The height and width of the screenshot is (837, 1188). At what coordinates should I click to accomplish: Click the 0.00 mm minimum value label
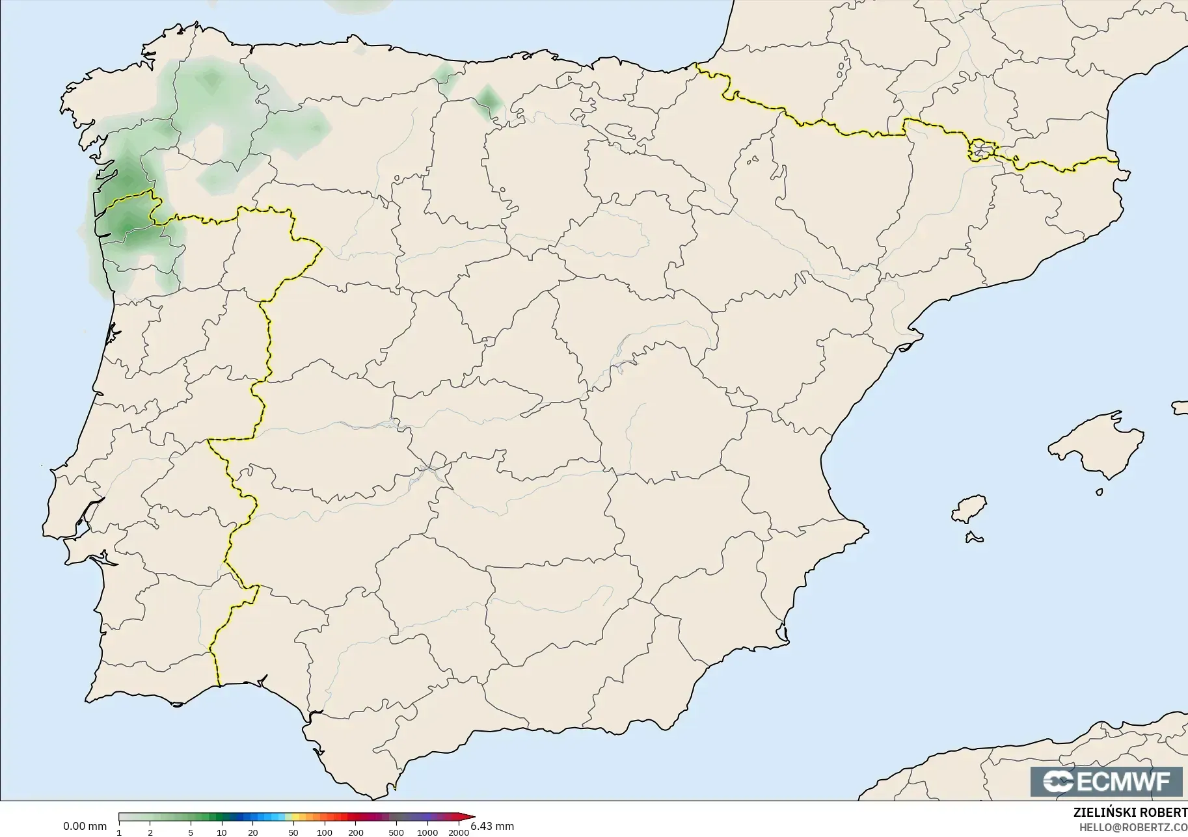point(85,827)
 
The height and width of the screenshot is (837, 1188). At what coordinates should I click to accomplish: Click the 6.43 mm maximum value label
point(493,827)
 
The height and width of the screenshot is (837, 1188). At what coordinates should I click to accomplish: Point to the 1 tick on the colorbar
point(119,832)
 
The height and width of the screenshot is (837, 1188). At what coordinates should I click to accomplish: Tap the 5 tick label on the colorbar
point(191,832)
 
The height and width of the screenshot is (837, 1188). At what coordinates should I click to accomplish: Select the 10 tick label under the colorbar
point(222,832)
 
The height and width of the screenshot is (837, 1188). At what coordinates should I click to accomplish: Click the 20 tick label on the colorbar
point(253,832)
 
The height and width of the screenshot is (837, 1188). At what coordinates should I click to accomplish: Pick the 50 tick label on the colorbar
point(293,832)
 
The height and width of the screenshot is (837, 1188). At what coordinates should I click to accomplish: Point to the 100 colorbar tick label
point(325,832)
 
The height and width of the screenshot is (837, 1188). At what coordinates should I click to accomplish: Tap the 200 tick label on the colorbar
point(356,832)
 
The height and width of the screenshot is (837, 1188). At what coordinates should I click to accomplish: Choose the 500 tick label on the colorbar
point(396,832)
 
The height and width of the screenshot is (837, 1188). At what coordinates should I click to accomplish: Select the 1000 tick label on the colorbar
point(427,832)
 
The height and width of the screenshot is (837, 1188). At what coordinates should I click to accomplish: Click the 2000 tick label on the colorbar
point(459,832)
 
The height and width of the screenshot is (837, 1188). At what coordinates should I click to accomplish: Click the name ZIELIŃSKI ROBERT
point(1130,813)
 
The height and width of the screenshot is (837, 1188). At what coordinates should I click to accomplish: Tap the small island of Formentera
point(974,537)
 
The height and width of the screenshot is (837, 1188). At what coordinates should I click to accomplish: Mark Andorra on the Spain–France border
point(980,150)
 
